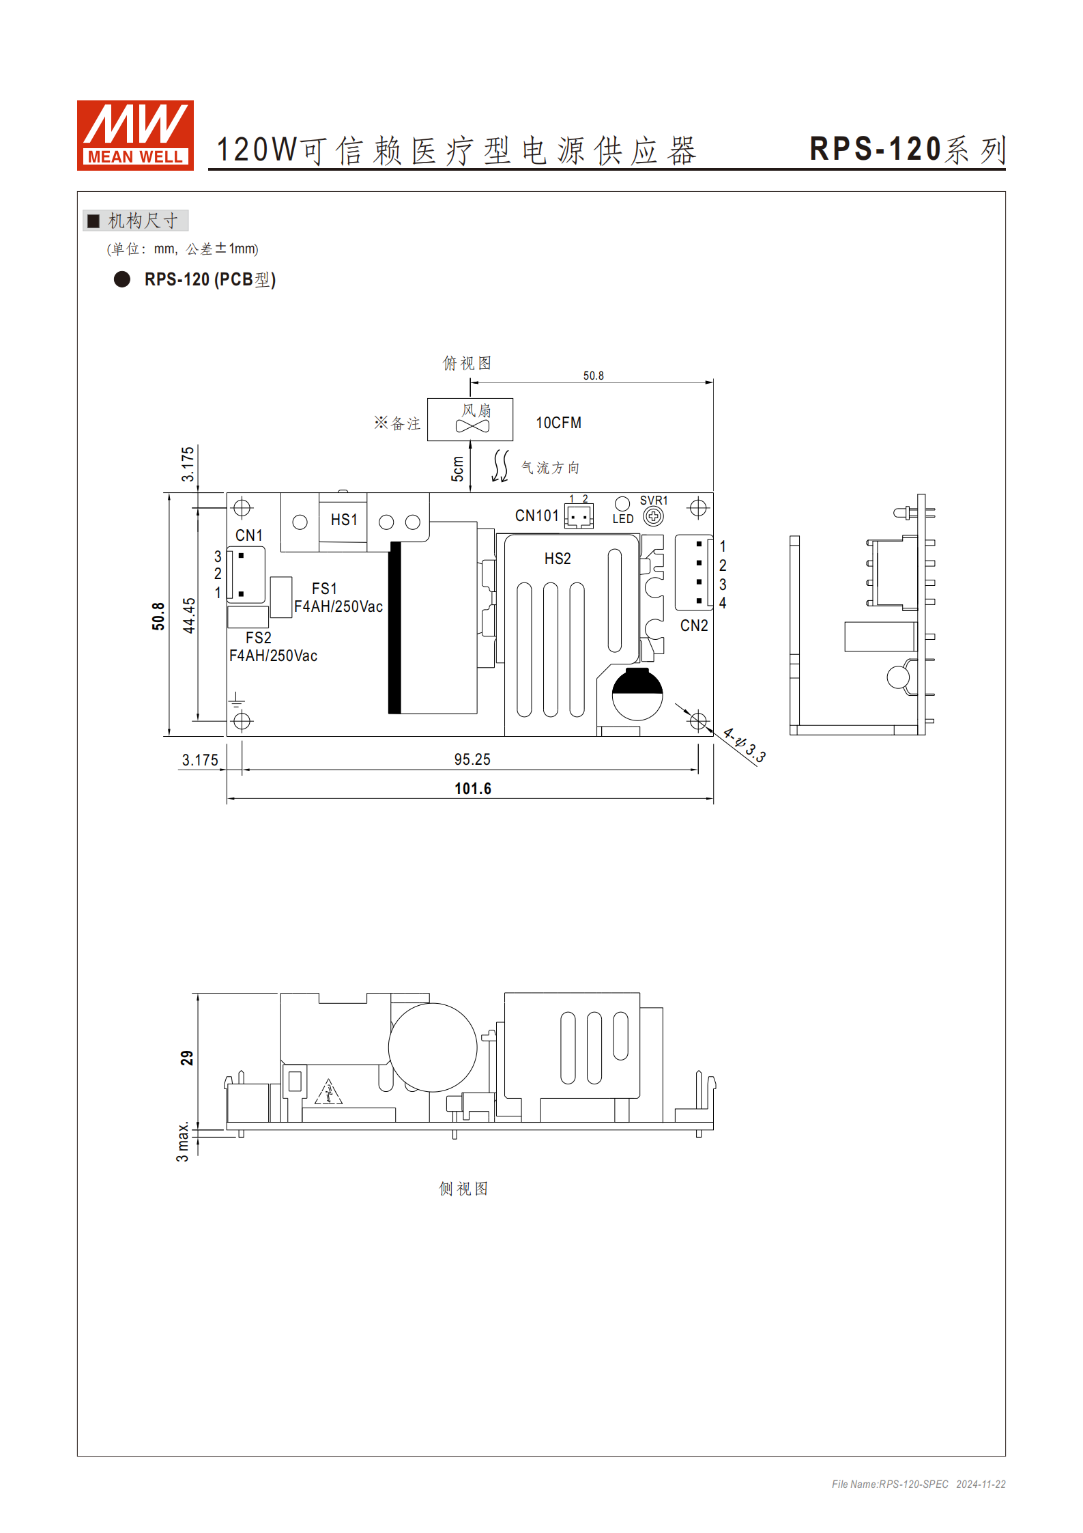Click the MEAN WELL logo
tap(135, 135)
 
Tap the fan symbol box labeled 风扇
tap(470, 419)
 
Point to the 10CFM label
tap(558, 423)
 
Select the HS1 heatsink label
tap(344, 520)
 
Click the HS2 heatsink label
tap(558, 559)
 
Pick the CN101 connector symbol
tap(579, 516)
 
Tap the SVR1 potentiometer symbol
tap(653, 516)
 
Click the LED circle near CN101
tap(622, 504)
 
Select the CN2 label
tap(694, 625)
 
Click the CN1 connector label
tap(249, 535)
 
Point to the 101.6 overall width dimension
tap(473, 789)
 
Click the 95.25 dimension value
tap(472, 759)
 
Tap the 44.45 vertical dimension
tap(189, 615)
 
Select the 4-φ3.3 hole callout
tap(745, 745)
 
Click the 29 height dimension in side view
tap(186, 1058)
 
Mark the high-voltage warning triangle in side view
tap(329, 1093)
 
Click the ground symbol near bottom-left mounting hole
tap(236, 699)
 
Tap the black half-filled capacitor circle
tap(637, 694)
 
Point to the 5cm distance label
tap(457, 468)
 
